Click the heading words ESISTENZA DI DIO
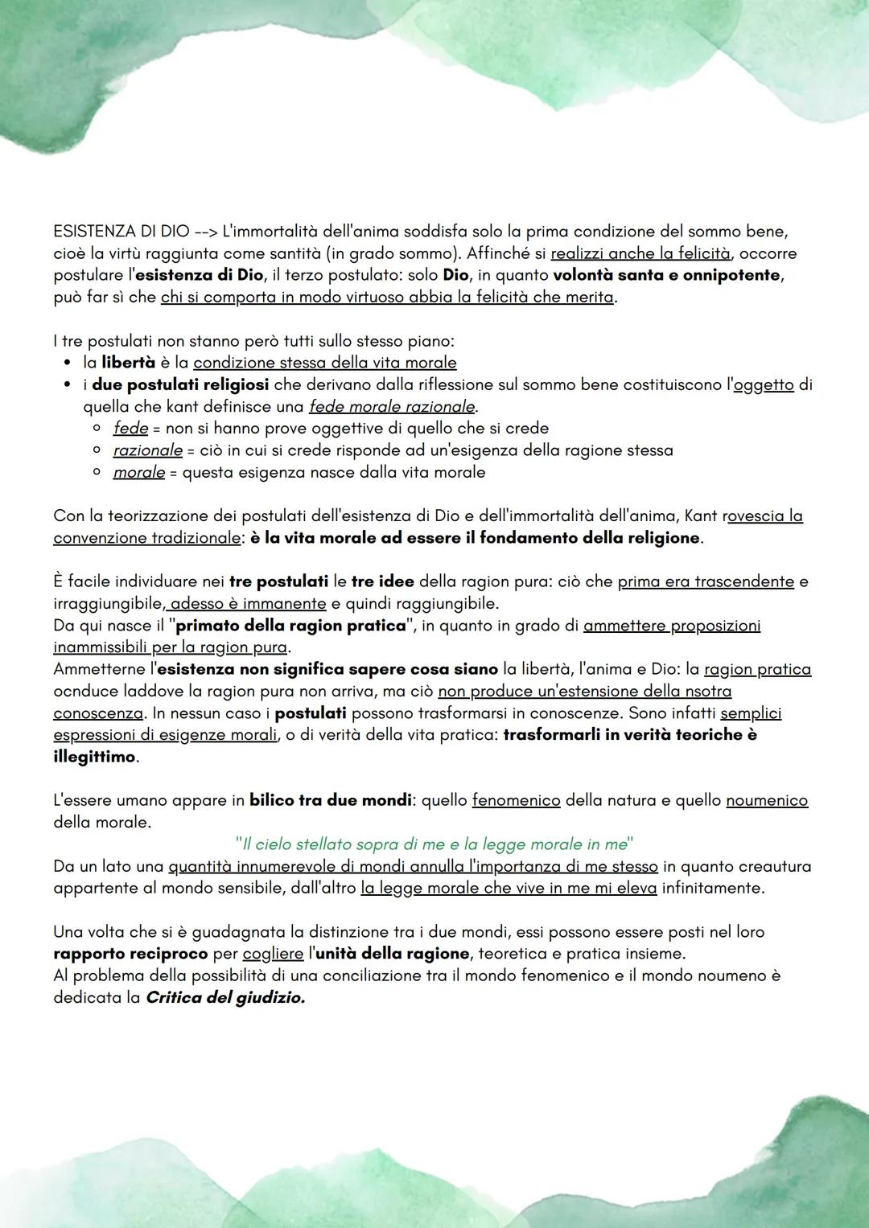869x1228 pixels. coord(121,232)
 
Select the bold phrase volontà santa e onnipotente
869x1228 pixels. coord(667,275)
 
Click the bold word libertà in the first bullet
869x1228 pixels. coord(128,363)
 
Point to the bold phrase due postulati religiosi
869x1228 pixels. coord(180,384)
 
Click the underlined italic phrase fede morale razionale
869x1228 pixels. coord(392,406)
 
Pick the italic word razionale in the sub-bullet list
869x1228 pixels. coord(147,450)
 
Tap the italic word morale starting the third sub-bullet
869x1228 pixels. coord(138,472)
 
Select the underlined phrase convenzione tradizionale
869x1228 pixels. coord(146,538)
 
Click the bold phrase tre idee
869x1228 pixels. coord(382,581)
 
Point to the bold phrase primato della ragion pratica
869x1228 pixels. coord(290,626)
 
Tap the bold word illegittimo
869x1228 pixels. coord(94,757)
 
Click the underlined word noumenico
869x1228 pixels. coord(766,801)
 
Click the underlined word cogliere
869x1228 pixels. coord(273,954)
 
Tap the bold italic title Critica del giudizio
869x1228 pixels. coord(225,998)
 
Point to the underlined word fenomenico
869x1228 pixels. coord(516,801)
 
